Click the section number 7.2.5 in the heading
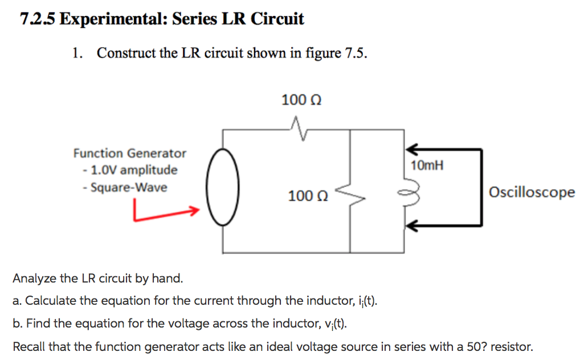(x=38, y=19)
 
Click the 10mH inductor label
(x=427, y=166)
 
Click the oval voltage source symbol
(x=223, y=186)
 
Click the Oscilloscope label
(x=532, y=193)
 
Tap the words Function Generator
(x=129, y=153)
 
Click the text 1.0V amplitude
(x=132, y=170)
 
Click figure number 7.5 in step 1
(x=356, y=54)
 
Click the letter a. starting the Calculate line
(x=17, y=301)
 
